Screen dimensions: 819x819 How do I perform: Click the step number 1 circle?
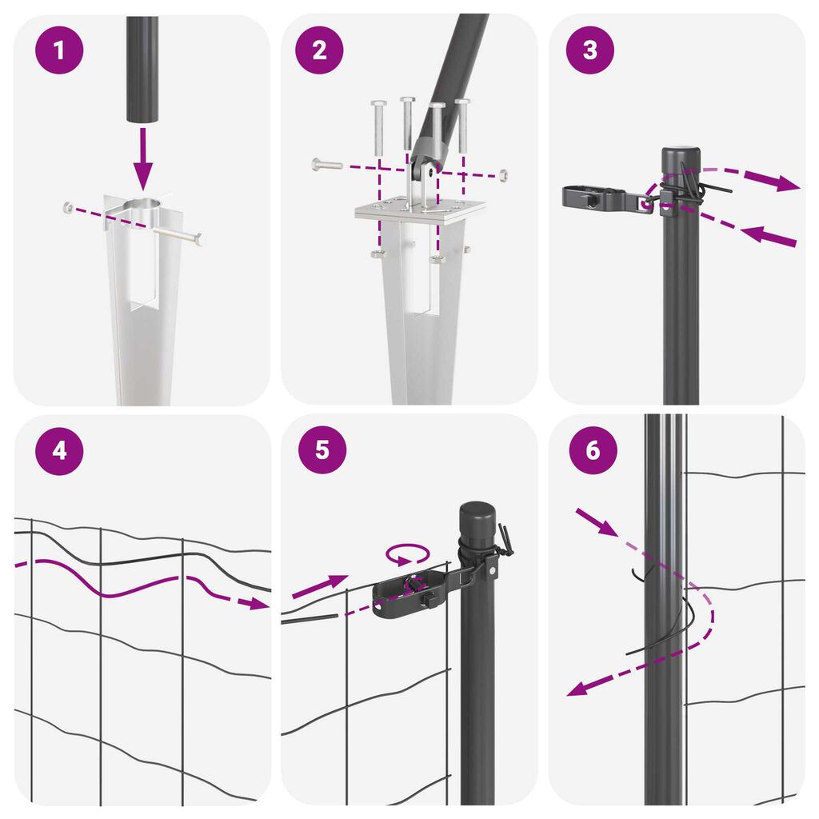[59, 50]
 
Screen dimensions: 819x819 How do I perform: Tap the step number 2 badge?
[319, 50]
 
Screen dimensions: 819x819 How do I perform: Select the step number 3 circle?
[589, 50]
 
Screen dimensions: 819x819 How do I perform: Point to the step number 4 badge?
[59, 450]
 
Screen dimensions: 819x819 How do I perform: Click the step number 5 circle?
[322, 449]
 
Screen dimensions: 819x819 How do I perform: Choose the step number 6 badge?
[593, 449]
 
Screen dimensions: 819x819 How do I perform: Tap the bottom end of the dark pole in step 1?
[142, 122]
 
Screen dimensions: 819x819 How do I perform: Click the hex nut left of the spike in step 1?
[69, 208]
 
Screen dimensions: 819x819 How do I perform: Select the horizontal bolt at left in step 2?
[327, 165]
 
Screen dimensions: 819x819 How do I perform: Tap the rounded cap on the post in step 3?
[681, 159]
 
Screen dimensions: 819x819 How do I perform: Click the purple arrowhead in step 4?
[259, 604]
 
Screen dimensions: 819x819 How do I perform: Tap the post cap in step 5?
[477, 517]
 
